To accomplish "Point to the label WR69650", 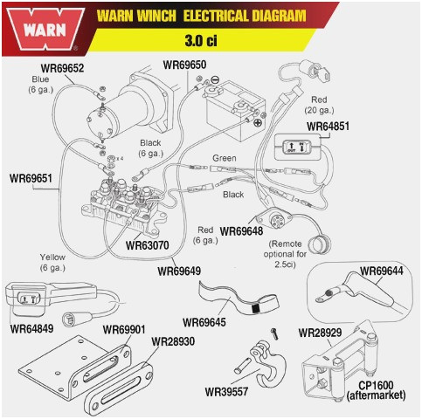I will [x=184, y=65].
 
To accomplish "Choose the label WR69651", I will [x=31, y=178].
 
